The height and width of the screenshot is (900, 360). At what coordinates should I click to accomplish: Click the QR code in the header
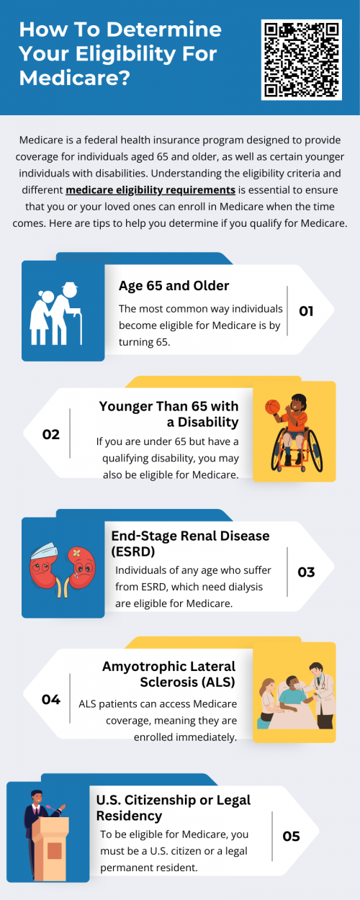coord(302,59)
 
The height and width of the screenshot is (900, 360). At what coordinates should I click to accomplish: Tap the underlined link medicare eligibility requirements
coord(150,190)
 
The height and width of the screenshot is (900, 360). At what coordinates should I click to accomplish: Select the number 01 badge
coord(306,311)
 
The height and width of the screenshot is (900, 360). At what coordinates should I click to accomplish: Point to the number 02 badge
coord(50,434)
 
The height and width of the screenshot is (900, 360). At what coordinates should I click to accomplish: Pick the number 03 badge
coord(306,572)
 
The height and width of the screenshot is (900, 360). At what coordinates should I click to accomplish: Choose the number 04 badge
coord(50,698)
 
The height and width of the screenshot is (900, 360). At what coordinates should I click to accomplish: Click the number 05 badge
coord(291,836)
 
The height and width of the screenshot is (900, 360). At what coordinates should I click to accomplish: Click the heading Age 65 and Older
coord(174,286)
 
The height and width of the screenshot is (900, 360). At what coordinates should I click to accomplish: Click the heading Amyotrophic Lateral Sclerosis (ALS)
coord(168,672)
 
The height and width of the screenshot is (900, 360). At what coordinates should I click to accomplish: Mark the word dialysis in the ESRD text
coord(241,587)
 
